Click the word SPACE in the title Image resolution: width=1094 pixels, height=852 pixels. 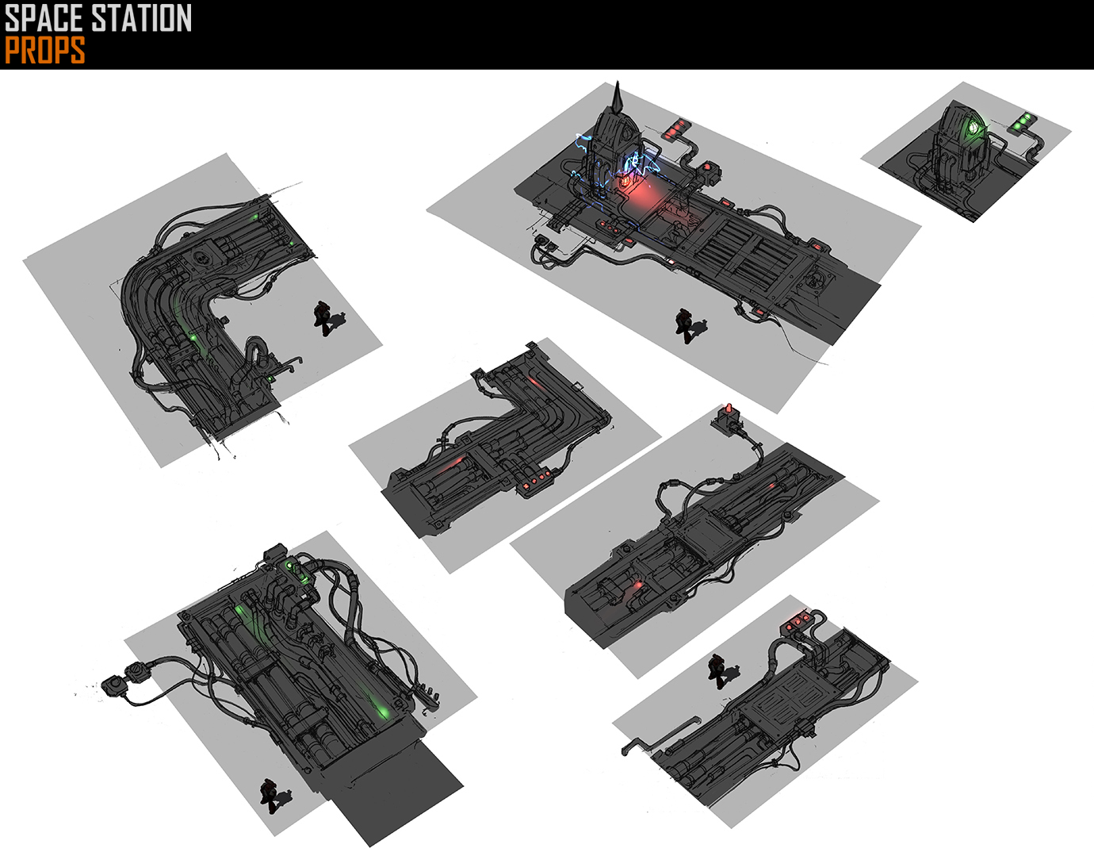point(46,17)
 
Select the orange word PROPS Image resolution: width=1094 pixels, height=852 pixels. point(44,51)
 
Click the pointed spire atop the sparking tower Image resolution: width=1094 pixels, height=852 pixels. point(618,95)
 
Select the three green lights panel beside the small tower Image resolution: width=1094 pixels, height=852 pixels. point(1023,122)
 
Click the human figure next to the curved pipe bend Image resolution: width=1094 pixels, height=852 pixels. point(324,318)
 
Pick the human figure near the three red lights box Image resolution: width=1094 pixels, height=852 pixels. point(718,671)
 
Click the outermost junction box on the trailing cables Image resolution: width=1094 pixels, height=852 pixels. point(112,683)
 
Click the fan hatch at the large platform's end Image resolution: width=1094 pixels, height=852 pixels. point(817,280)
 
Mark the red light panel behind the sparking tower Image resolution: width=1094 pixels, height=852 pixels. point(677,129)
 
